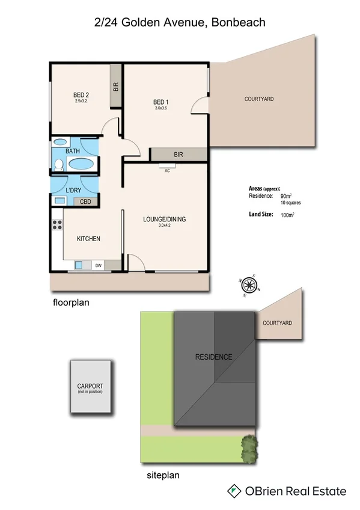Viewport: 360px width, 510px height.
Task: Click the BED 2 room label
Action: pyautogui.click(x=81, y=95)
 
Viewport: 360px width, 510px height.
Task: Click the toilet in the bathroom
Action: pyautogui.click(x=59, y=165)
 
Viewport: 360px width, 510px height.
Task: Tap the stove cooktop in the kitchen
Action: pyautogui.click(x=58, y=225)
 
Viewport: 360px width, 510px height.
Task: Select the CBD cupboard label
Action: pyautogui.click(x=86, y=202)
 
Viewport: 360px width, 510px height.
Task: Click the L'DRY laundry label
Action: pyautogui.click(x=73, y=191)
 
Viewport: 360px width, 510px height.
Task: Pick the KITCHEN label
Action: pyautogui.click(x=88, y=239)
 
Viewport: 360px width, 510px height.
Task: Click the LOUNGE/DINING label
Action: pyautogui.click(x=163, y=219)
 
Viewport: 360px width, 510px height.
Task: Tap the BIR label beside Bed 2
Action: pyautogui.click(x=115, y=87)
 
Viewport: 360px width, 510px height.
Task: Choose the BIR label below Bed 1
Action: pyautogui.click(x=178, y=155)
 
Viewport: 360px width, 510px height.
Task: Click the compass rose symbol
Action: pyautogui.click(x=249, y=284)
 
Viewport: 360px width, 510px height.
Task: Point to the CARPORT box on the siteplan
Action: pyautogui.click(x=90, y=387)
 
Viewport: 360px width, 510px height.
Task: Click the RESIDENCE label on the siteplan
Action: pyautogui.click(x=213, y=357)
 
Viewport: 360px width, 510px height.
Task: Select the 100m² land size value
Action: pyautogui.click(x=287, y=215)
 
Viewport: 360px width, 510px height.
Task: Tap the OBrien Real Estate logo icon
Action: pyautogui.click(x=234, y=491)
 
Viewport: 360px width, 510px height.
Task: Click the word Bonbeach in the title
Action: pyautogui.click(x=237, y=22)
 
